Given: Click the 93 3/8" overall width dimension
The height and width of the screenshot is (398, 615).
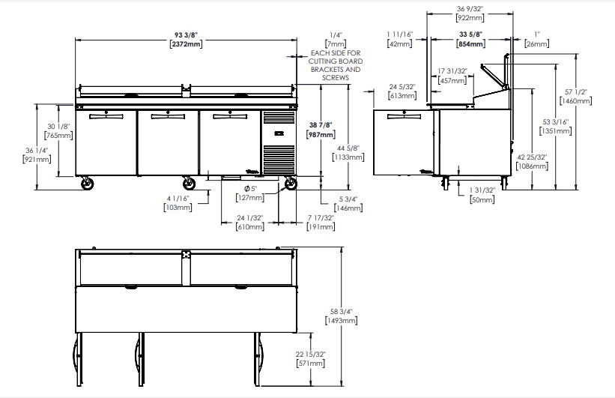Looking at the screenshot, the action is (x=187, y=35).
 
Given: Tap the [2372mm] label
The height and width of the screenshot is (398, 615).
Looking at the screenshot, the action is (x=187, y=43).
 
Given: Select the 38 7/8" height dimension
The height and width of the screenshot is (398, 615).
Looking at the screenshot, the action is (x=321, y=125).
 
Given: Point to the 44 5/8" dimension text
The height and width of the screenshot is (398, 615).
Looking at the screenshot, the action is (x=348, y=148).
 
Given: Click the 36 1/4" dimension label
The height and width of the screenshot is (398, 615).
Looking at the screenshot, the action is (x=37, y=151).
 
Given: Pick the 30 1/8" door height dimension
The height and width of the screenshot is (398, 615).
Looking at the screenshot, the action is (x=58, y=127).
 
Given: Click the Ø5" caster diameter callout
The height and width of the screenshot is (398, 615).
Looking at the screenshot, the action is (x=250, y=189).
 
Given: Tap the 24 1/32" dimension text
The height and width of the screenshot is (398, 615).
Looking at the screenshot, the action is (x=250, y=218).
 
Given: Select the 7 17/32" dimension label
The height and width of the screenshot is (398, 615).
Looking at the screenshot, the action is (x=321, y=218).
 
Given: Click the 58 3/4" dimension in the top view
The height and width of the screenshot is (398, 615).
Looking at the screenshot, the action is (x=342, y=312).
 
